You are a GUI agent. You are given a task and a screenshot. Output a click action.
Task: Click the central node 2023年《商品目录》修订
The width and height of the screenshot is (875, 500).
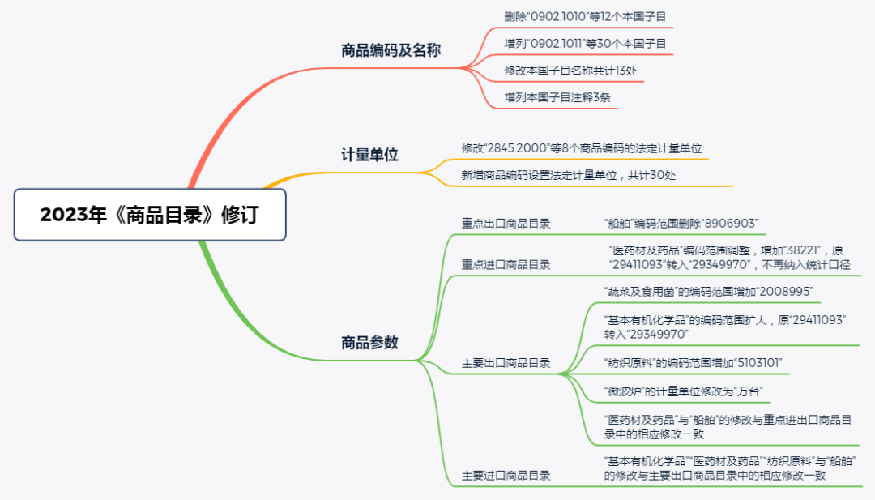click(x=151, y=216)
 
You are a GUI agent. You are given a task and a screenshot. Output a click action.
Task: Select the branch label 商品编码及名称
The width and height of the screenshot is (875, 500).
click(x=391, y=50)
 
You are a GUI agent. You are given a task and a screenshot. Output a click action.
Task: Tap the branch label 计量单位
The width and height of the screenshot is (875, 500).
click(x=369, y=154)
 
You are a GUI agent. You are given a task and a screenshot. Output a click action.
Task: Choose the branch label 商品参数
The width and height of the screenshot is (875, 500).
click(x=369, y=342)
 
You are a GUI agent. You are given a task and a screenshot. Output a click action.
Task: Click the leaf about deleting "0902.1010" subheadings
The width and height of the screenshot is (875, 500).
click(x=585, y=16)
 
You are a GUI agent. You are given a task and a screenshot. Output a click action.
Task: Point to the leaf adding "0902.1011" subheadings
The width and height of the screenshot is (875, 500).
click(x=585, y=43)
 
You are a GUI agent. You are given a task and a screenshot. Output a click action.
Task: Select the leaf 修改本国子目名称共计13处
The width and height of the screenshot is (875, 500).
click(x=570, y=71)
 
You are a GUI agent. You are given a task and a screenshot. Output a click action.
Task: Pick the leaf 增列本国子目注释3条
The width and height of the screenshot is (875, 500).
click(x=557, y=97)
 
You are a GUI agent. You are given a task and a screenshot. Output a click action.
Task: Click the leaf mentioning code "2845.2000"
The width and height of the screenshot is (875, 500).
click(x=581, y=148)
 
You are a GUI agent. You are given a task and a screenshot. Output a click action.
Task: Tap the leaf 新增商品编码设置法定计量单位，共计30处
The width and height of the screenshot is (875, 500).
click(x=568, y=175)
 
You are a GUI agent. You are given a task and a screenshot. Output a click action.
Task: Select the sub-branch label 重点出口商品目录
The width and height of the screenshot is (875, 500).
click(x=506, y=224)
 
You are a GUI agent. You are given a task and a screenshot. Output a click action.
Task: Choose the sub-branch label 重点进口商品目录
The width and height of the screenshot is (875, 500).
click(x=506, y=265)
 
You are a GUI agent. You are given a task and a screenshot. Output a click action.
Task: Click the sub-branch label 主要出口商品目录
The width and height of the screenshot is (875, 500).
click(x=506, y=363)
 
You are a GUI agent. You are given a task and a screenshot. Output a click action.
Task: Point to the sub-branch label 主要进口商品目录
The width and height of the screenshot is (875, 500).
click(x=506, y=476)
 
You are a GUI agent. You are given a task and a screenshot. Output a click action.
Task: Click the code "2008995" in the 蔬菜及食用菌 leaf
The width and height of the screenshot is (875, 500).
click(x=784, y=291)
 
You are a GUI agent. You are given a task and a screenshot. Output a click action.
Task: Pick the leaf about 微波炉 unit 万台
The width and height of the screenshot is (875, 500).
click(x=684, y=391)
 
